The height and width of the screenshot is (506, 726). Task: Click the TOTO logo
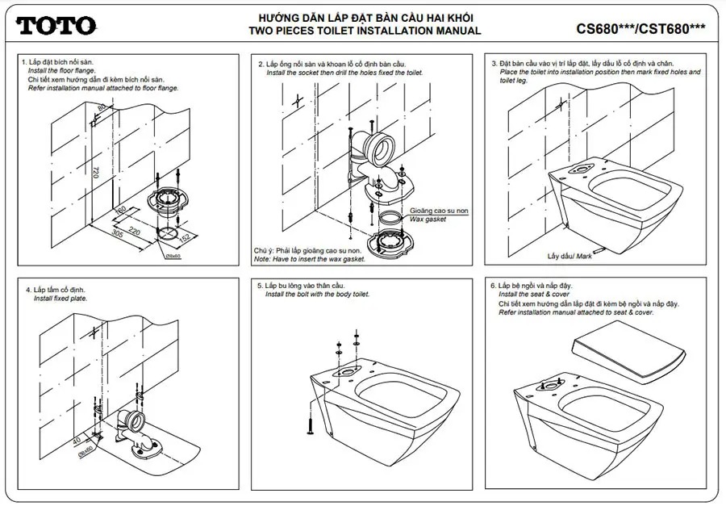point(56,26)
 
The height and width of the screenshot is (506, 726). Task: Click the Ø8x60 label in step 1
point(174,256)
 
